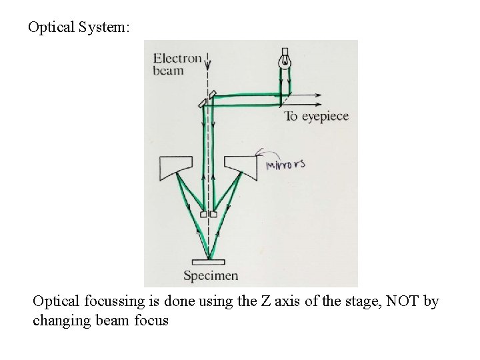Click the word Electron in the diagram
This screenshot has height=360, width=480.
pos(177,59)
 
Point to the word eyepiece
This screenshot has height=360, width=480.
pos(325,117)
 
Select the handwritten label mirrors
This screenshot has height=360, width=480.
pos(285,164)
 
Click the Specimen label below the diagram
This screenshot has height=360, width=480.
pos(211,275)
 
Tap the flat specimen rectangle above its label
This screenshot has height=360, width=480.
pos(209,261)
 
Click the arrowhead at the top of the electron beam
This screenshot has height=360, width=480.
pos(209,65)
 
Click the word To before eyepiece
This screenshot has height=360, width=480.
pos(291,117)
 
